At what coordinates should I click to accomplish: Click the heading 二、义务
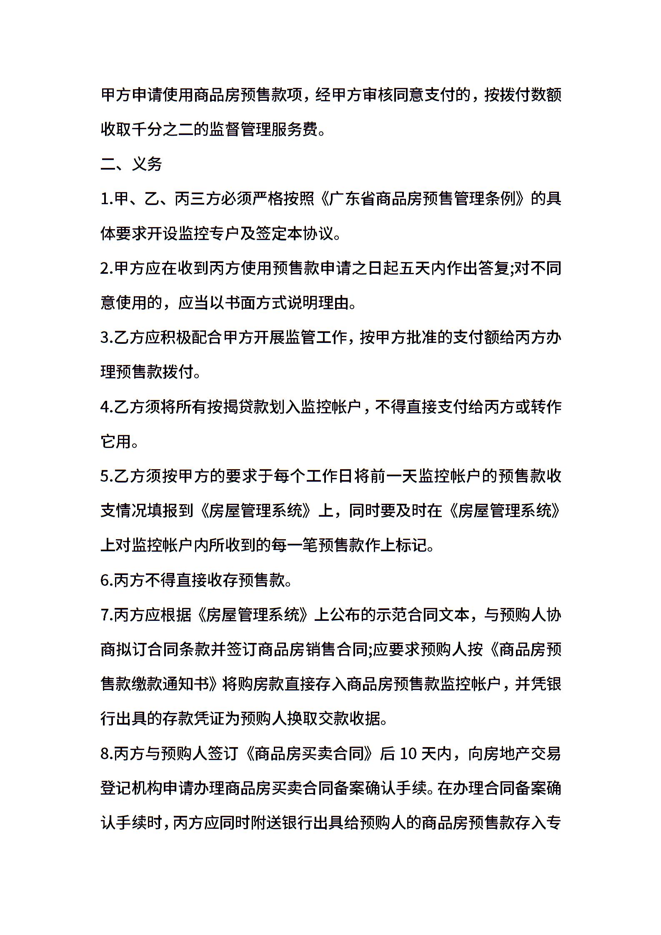tap(131, 164)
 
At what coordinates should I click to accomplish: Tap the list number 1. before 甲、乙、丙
tap(107, 199)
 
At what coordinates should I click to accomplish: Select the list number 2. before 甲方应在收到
tap(107, 268)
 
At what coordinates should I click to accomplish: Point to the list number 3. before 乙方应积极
tap(107, 337)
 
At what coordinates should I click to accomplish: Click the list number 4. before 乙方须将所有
tap(107, 407)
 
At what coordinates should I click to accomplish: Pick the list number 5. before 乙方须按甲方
tap(107, 476)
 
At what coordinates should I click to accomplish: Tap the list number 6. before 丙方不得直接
tap(107, 580)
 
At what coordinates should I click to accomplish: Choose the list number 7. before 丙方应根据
tap(107, 615)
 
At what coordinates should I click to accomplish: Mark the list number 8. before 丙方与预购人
tap(107, 754)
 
